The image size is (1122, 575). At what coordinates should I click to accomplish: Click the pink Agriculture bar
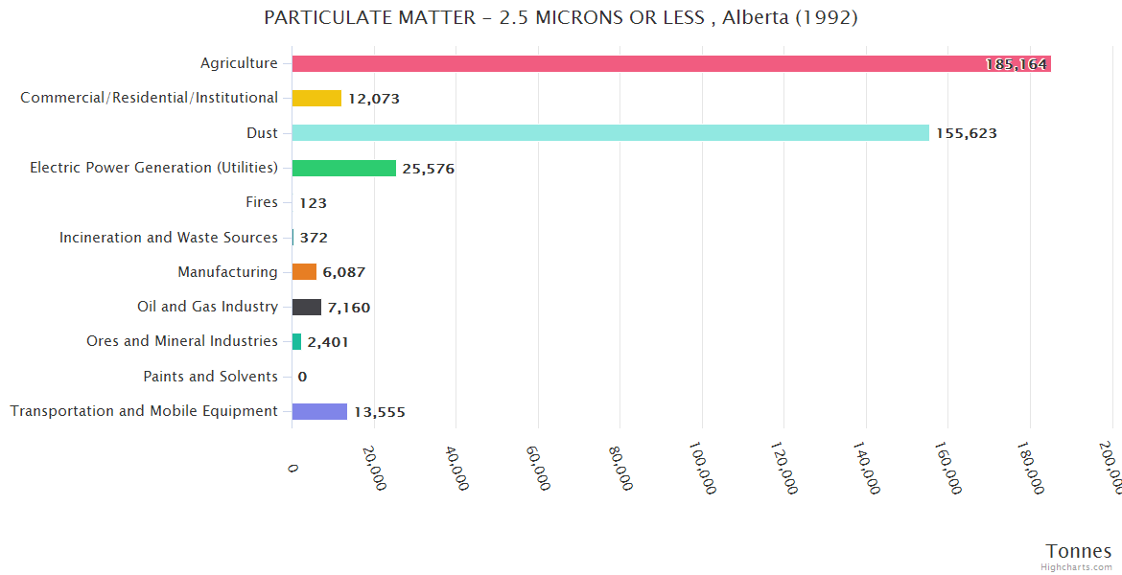pos(671,63)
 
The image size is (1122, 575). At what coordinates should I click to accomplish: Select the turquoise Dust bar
pos(610,132)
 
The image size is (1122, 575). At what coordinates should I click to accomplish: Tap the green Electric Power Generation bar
pos(343,168)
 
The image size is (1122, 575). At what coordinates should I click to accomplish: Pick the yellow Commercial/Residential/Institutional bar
pos(316,98)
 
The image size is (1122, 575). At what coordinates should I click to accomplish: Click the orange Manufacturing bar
pos(304,271)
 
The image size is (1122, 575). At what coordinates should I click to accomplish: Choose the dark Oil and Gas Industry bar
pos(307,307)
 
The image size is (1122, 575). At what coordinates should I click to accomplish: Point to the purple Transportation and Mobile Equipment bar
pos(319,411)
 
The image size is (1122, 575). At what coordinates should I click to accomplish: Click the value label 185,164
pos(1017,64)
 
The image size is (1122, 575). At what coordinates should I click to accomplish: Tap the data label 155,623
pos(967,133)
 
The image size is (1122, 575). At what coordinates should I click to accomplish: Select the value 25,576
pos(429,169)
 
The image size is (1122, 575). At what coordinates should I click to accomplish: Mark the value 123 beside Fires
pos(314,203)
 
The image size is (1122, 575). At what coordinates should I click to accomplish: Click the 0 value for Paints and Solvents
pos(302,377)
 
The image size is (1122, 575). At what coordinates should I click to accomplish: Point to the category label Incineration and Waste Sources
pos(169,237)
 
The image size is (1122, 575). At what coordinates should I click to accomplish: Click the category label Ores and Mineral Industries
pos(182,341)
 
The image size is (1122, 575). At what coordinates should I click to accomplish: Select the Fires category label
pos(262,202)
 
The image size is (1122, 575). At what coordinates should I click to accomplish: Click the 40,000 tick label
pos(456,467)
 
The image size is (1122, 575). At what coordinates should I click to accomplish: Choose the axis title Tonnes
pos(1079,551)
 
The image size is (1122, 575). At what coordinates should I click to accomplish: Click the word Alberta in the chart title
pos(758,17)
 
